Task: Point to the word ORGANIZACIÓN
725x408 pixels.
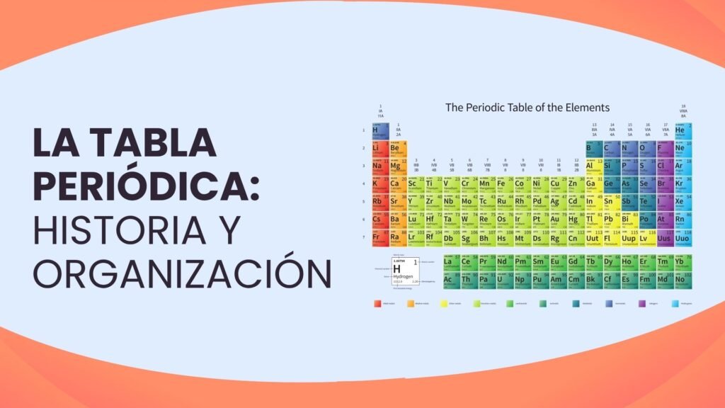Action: [183, 272]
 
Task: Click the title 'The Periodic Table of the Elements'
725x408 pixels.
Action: [527, 108]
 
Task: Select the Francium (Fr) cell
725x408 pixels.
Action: [379, 237]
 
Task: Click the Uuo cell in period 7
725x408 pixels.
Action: [683, 237]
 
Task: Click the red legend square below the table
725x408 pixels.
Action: [377, 303]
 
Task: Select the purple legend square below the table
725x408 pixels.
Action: [642, 303]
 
